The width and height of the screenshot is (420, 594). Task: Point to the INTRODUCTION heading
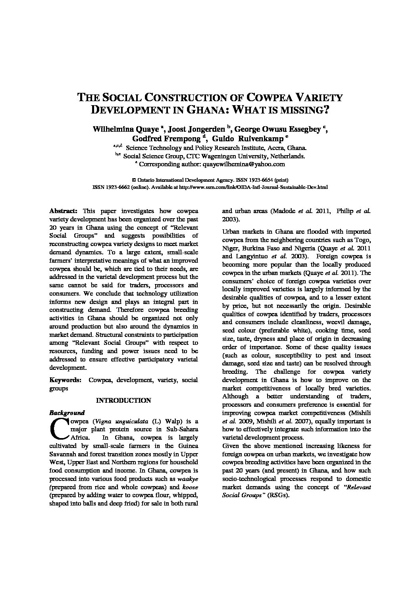(x=123, y=400)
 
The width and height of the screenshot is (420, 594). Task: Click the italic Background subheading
(x=67, y=413)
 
